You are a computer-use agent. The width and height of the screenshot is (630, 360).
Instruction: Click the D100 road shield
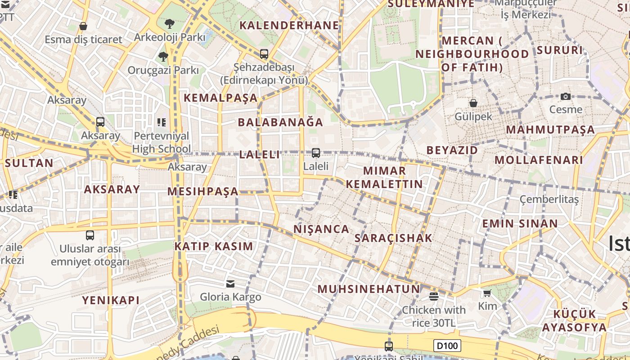(448, 346)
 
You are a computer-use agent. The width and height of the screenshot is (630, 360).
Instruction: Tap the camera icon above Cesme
(565, 96)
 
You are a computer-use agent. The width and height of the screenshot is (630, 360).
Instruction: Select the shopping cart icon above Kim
(487, 293)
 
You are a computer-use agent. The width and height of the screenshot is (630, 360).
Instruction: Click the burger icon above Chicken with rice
(434, 296)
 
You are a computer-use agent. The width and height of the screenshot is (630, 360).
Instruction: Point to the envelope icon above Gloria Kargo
(230, 283)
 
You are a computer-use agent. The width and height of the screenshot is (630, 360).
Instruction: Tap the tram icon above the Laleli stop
(316, 153)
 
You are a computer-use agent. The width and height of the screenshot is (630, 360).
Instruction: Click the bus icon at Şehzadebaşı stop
(264, 54)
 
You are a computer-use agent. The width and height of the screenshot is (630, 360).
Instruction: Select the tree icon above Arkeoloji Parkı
(170, 24)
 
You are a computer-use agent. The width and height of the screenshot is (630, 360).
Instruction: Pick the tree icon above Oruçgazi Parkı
(163, 57)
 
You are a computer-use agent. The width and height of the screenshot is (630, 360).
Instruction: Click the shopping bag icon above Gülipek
(473, 103)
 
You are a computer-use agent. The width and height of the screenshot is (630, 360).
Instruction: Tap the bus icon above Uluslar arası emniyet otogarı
(90, 235)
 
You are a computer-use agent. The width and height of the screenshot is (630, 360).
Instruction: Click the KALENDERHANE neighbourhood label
(289, 25)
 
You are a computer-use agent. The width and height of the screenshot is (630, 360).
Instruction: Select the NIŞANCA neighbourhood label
(321, 229)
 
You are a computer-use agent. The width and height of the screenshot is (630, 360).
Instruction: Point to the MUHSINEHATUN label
(369, 289)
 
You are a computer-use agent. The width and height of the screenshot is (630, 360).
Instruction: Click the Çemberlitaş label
(549, 199)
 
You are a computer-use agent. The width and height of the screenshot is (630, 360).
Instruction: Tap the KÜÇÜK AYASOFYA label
(574, 320)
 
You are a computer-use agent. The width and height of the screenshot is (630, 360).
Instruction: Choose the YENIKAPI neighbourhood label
(111, 300)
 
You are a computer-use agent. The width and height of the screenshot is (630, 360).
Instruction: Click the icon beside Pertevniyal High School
(162, 122)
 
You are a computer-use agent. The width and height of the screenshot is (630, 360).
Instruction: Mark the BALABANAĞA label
(280, 122)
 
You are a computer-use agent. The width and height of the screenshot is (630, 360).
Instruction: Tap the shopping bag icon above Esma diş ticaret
(83, 26)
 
